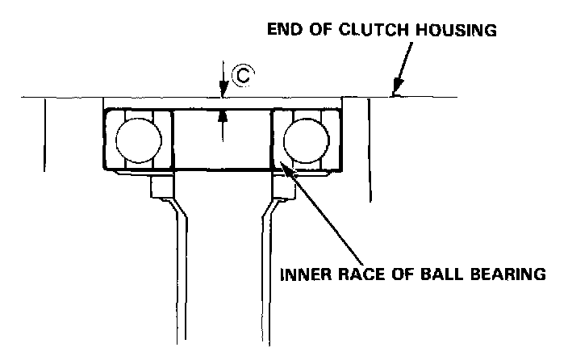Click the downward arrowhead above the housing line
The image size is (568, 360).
223,91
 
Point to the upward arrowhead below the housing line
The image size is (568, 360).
223,115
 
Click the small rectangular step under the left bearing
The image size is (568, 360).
159,187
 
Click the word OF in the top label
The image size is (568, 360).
319,31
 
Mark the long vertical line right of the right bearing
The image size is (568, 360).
369,149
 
